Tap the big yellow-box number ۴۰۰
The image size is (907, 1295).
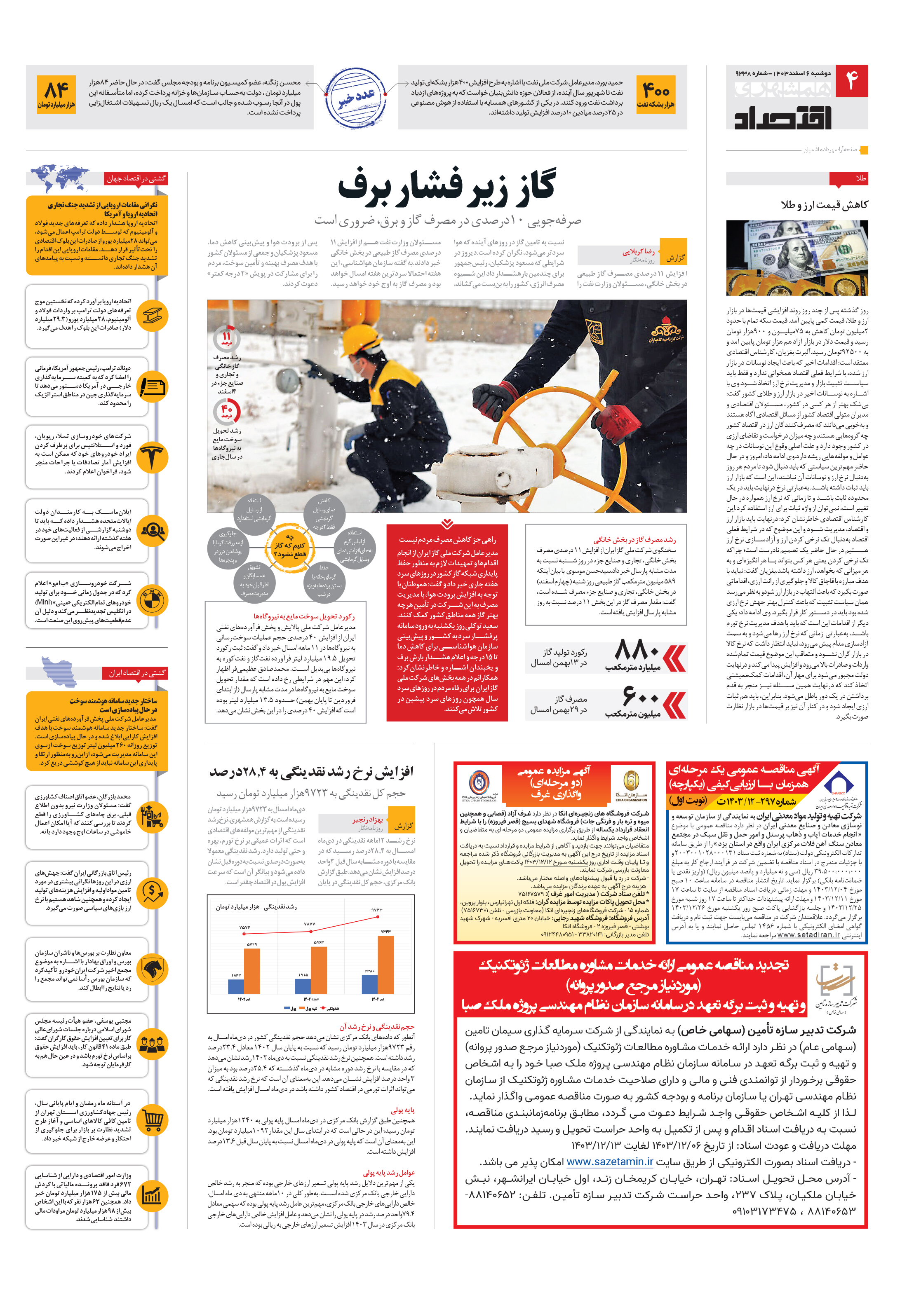point(656,89)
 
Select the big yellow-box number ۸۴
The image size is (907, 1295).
point(56,89)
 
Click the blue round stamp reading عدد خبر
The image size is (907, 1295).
point(356,98)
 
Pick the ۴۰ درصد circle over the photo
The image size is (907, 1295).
point(227,411)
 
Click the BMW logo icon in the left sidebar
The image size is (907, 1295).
point(153,601)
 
